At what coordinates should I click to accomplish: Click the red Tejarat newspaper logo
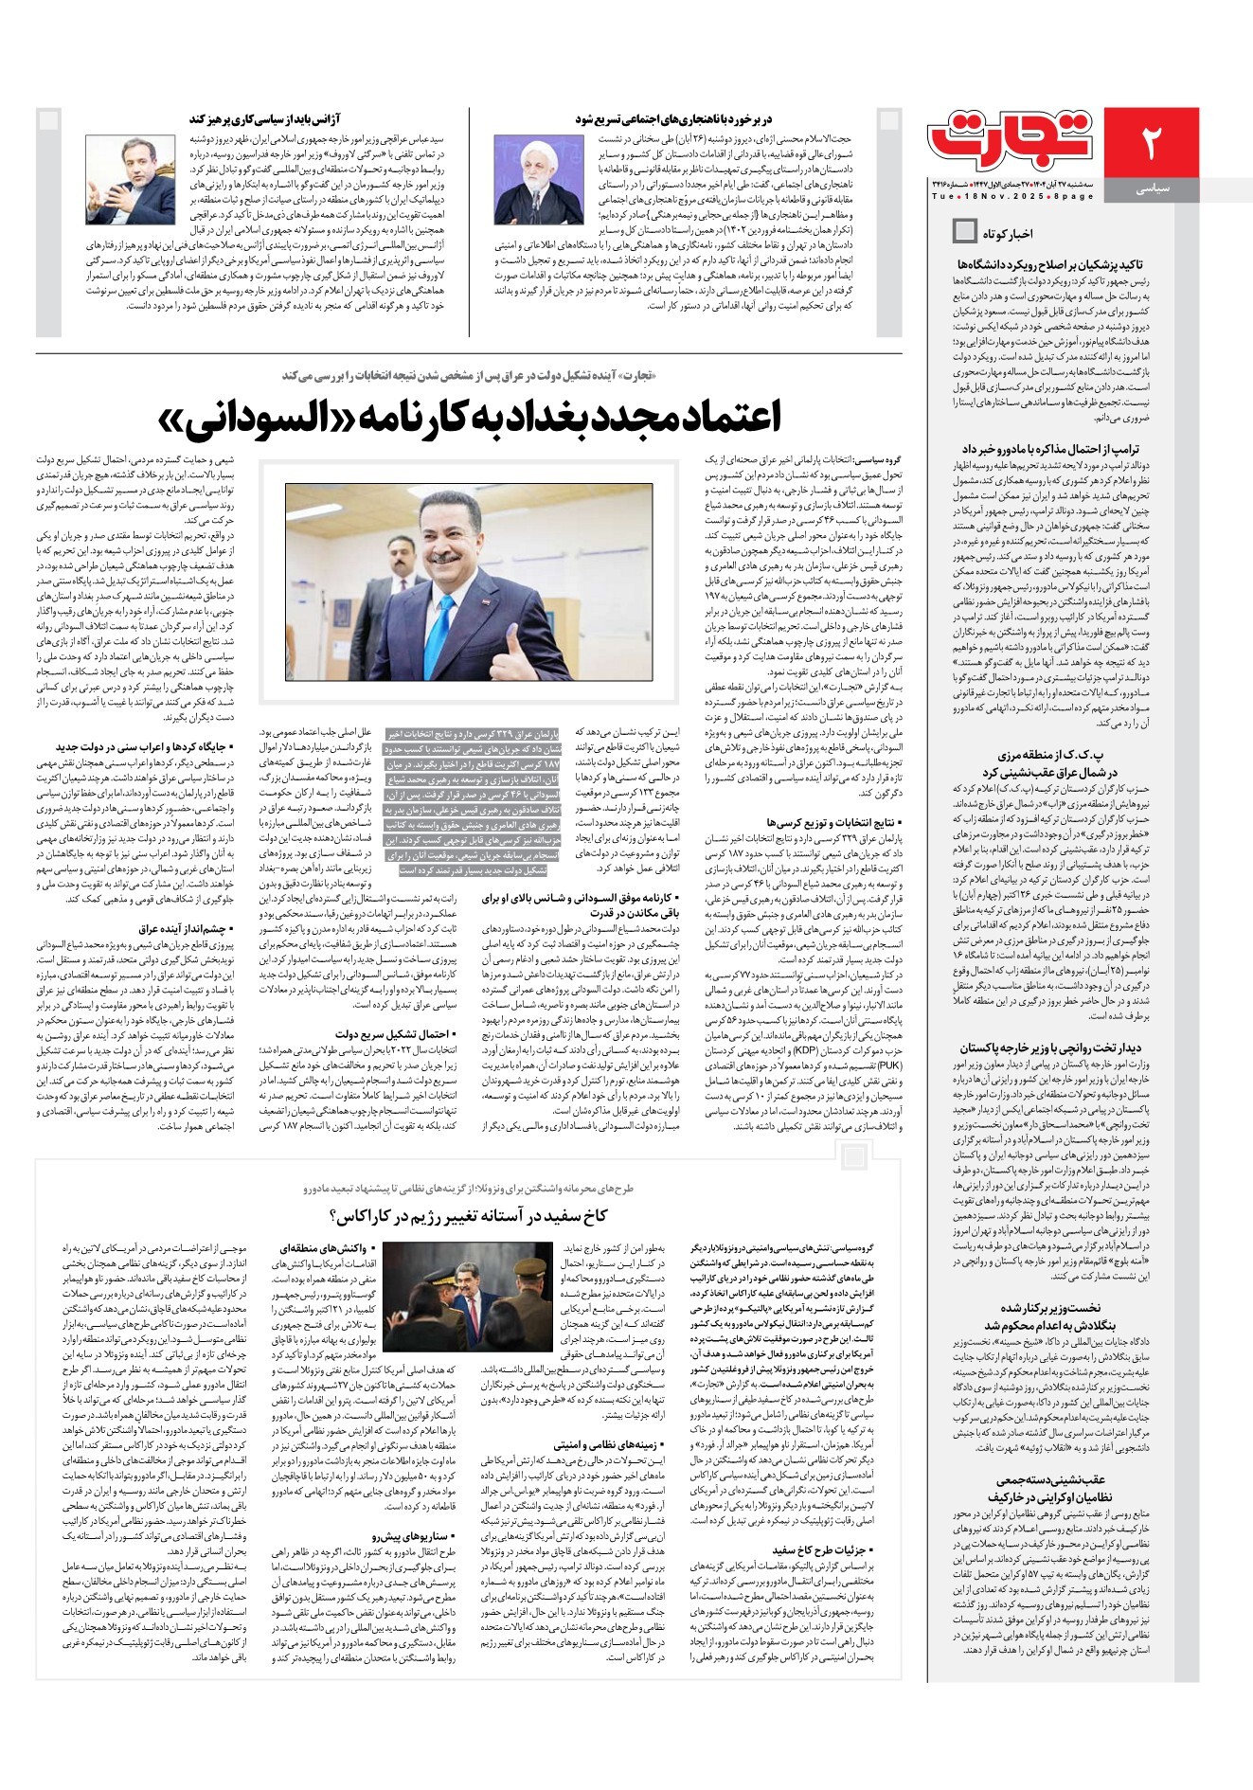pyautogui.click(x=1011, y=139)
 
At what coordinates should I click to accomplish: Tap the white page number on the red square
pyautogui.click(x=1151, y=141)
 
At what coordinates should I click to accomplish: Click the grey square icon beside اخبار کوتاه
pyautogui.click(x=964, y=230)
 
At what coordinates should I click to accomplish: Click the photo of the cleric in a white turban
pyautogui.click(x=538, y=179)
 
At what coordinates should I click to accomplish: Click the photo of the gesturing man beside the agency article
pyautogui.click(x=130, y=179)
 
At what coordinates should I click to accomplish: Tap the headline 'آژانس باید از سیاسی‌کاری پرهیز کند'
pyautogui.click(x=260, y=119)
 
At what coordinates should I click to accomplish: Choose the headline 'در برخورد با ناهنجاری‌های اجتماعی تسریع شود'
pyautogui.click(x=673, y=119)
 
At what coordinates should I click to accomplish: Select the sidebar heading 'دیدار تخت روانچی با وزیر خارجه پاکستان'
pyautogui.click(x=1050, y=1048)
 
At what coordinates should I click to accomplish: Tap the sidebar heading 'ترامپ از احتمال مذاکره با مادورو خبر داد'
pyautogui.click(x=1050, y=449)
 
